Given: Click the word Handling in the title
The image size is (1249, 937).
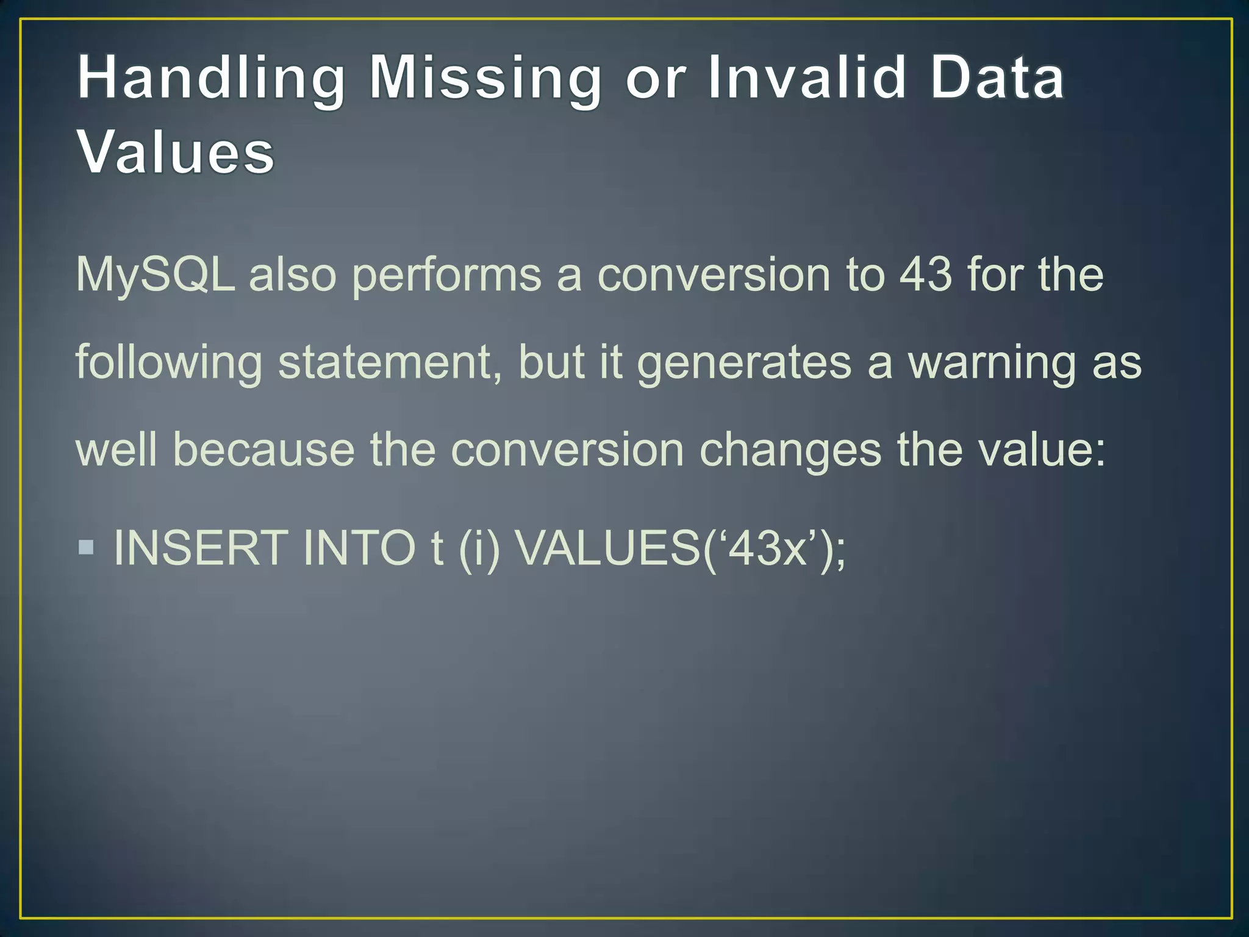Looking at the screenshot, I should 211,79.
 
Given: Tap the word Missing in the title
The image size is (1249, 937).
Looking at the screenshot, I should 485,79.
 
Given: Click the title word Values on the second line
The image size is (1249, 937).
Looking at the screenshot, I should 176,153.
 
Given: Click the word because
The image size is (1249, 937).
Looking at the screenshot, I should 263,450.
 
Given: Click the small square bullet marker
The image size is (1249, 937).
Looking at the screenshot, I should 87,547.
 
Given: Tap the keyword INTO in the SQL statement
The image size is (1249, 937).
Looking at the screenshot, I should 360,548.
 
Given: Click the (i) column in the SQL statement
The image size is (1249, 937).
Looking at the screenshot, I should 479,548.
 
